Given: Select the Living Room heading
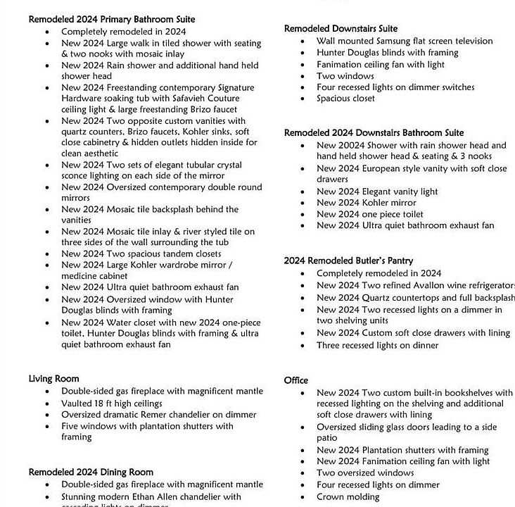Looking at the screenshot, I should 53,379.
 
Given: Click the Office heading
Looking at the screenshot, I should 296,380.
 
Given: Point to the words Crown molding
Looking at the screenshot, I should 348,496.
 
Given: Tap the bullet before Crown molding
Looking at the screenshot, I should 303,497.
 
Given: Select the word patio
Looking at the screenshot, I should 327,438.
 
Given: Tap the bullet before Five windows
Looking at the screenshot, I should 47,427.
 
